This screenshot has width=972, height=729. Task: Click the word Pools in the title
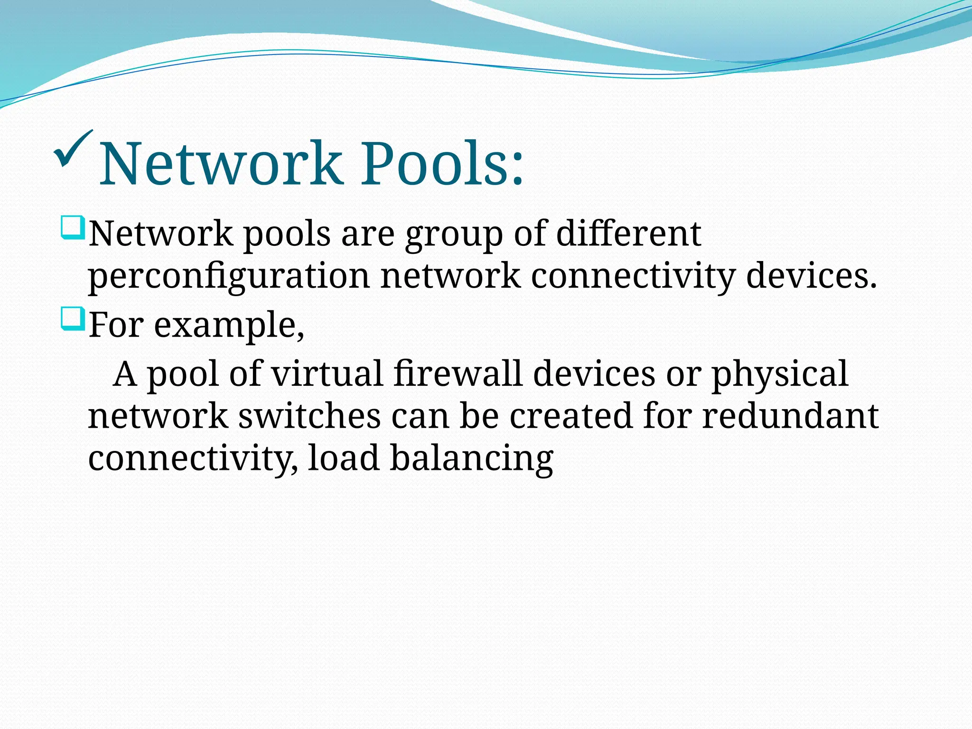coord(442,164)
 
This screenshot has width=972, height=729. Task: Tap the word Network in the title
coord(220,164)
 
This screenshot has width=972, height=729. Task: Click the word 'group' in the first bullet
coord(453,234)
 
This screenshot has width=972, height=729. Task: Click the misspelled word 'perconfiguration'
coord(229,276)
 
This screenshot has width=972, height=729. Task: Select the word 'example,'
coord(229,326)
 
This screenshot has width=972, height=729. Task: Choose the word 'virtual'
coord(327,374)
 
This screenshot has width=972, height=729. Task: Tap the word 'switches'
coord(309,416)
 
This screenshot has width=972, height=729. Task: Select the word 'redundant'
coord(790,416)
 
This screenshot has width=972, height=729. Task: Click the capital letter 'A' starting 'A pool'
coord(125,374)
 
